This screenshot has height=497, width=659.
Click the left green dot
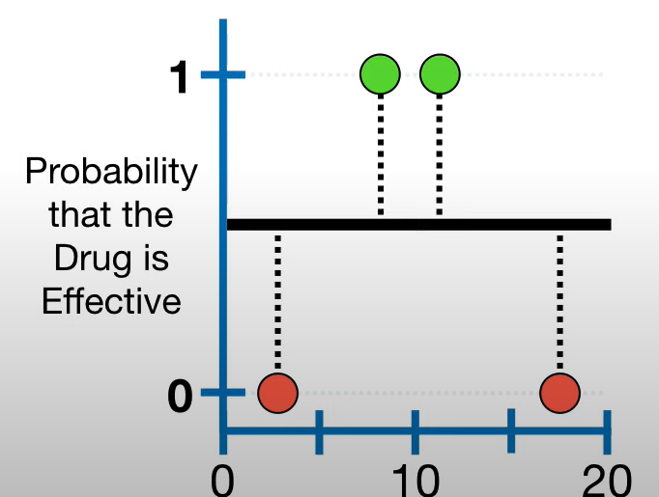click(380, 73)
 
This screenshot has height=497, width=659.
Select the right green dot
click(440, 73)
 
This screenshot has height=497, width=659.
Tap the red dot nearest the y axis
click(278, 393)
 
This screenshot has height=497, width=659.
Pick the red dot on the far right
click(559, 393)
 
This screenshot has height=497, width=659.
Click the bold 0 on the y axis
click(180, 396)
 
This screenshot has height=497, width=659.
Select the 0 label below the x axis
click(223, 479)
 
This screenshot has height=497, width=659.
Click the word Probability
click(111, 173)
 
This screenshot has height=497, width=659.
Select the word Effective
click(111, 301)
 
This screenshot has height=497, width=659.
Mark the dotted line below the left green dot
click(380, 154)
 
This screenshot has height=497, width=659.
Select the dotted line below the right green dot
click(440, 154)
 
